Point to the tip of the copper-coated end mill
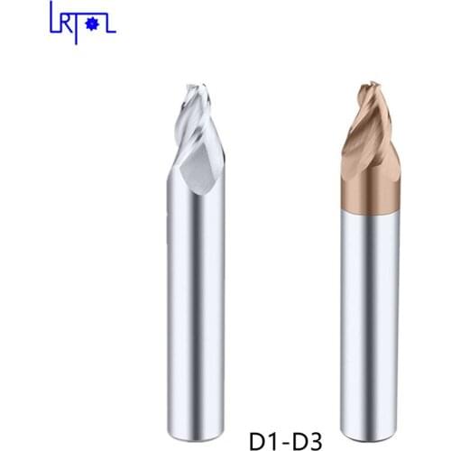tap(370, 85)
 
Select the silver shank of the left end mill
tap(197, 298)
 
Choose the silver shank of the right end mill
tap(370, 298)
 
